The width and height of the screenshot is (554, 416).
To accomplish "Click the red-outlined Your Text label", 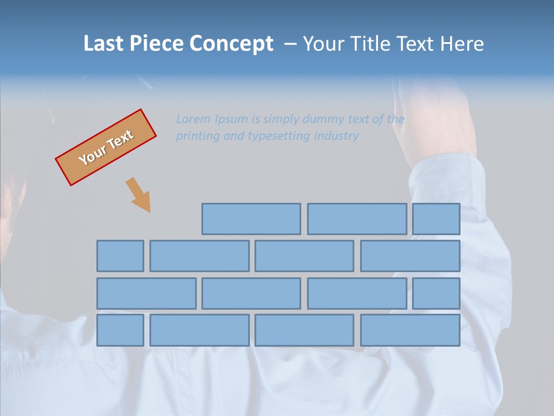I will point(106,147).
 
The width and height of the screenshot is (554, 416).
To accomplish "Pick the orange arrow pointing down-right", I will point(138,195).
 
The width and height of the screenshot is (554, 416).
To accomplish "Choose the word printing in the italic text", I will point(196,136).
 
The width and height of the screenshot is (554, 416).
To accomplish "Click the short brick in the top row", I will point(436,219).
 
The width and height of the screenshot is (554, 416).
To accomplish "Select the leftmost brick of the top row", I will point(251,219).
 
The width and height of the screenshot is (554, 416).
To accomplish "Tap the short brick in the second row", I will point(120,256).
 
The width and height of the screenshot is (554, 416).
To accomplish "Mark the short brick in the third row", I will point(436,294).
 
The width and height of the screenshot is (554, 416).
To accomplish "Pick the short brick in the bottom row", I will point(120,330).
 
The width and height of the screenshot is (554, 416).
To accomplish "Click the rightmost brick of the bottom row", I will point(410,330).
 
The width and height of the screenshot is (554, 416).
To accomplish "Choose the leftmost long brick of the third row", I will point(146,294).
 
